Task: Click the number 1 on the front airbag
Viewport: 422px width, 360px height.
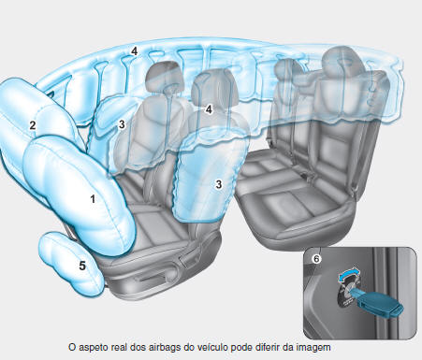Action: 92,199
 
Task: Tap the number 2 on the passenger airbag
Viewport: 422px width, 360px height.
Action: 33,125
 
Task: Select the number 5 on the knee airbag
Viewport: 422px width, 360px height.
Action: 82,266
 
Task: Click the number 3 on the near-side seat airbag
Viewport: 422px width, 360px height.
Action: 218,184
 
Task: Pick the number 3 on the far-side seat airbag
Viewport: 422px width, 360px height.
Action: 121,123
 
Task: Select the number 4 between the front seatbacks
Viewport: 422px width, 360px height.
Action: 210,109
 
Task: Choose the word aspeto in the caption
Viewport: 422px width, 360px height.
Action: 98,345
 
